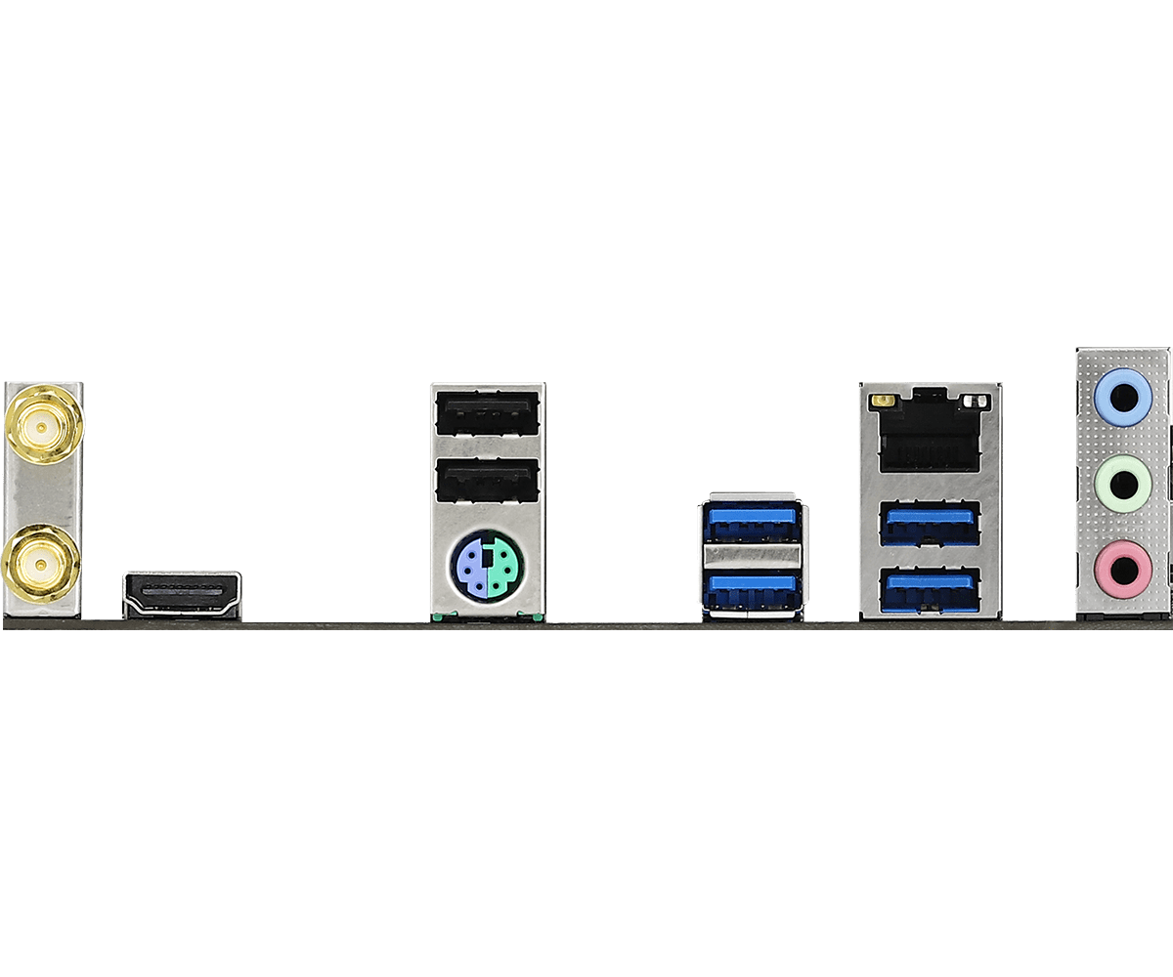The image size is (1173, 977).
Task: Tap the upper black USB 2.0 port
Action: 486,414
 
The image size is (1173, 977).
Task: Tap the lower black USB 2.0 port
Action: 486,482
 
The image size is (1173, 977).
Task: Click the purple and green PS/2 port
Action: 486,566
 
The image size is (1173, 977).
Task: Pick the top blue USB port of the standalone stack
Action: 751,526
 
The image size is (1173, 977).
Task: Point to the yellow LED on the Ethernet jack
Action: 886,402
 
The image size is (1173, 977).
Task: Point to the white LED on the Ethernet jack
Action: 971,402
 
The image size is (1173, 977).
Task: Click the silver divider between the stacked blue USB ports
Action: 751,557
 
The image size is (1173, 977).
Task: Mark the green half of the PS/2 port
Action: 501,566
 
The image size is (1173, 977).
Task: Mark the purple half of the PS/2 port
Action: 470,566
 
